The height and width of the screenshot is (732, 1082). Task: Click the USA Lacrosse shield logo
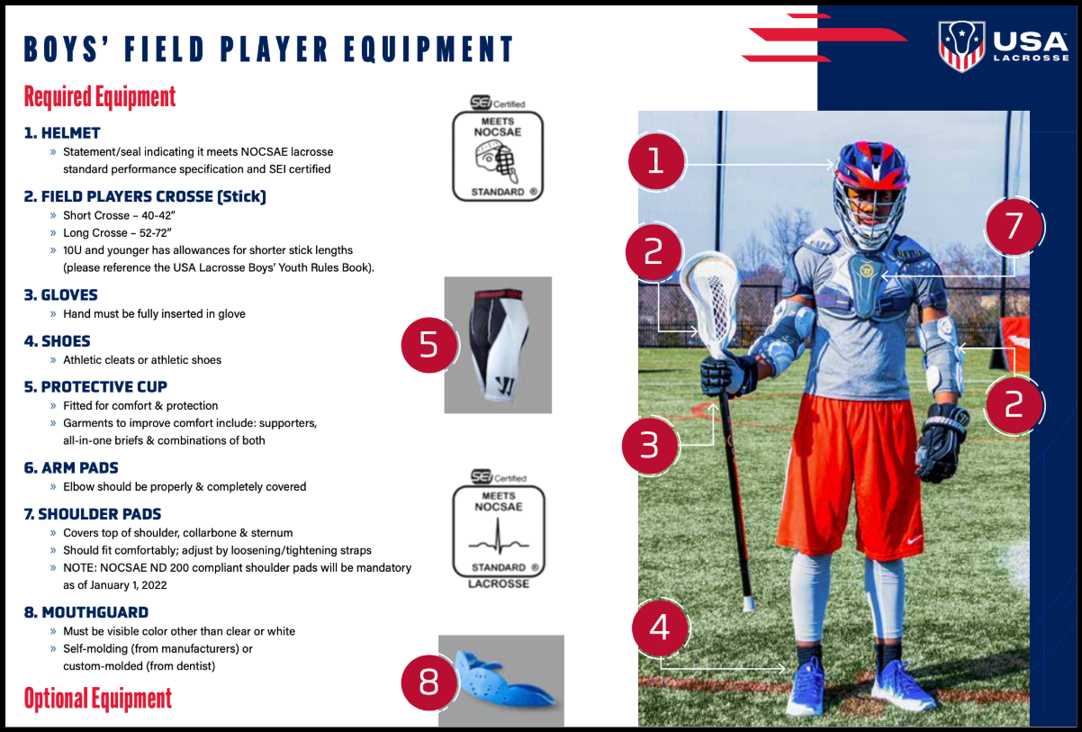tap(961, 46)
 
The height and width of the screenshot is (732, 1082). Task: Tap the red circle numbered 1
tap(656, 161)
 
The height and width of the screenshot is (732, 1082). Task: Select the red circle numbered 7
tap(1014, 227)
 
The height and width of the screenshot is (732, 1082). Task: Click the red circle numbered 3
tap(650, 445)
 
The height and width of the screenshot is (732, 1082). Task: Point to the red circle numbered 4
tap(660, 628)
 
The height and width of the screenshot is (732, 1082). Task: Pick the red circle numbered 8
tap(429, 682)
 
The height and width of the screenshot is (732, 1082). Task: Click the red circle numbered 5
tap(429, 345)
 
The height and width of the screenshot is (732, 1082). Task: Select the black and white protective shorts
tap(499, 345)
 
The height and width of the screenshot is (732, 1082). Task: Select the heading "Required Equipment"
tap(100, 96)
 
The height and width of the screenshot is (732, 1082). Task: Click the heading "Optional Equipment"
tap(98, 699)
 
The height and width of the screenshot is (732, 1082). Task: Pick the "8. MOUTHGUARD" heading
tap(86, 612)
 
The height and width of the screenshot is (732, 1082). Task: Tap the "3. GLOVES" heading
tap(61, 294)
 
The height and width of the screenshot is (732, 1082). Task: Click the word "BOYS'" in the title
tap(66, 50)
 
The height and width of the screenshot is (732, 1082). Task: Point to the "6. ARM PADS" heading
tap(71, 467)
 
